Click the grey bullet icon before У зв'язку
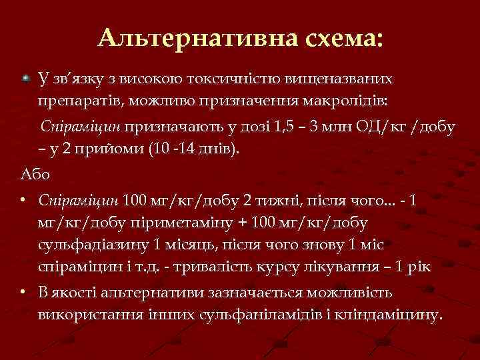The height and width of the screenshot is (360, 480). pos(25,79)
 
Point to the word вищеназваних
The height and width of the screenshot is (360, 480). pos(340,79)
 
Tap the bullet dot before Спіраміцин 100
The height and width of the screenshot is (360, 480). pos(23,200)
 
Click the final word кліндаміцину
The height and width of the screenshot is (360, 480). pos(393,314)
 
